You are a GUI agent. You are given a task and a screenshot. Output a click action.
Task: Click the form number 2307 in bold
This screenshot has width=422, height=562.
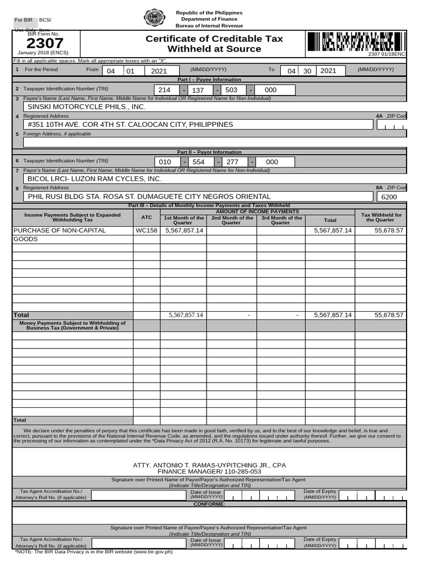(45, 43)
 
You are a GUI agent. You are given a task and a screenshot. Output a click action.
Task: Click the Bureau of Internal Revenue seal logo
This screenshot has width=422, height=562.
(154, 19)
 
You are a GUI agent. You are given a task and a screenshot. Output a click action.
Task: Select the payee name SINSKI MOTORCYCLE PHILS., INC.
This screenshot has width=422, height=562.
(86, 107)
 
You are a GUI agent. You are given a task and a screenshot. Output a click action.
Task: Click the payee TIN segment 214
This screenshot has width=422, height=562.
(164, 90)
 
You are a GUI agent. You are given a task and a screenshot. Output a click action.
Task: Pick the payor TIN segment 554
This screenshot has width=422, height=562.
(198, 162)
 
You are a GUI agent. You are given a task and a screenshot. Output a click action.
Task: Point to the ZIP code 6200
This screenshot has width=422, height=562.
(389, 197)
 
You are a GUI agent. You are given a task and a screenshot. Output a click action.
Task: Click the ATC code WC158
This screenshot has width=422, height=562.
(146, 231)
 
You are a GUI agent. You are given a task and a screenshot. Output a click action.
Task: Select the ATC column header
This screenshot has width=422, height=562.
(146, 217)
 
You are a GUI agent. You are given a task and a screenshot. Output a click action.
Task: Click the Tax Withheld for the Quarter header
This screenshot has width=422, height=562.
(381, 217)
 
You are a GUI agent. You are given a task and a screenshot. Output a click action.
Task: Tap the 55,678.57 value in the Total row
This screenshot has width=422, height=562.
(388, 315)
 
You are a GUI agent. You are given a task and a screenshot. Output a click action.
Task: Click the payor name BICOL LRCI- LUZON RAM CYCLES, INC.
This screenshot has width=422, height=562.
(95, 179)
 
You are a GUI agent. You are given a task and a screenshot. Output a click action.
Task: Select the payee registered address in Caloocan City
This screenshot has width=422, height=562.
(130, 125)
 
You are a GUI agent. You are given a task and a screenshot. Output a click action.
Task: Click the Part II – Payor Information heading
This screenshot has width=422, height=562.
(209, 152)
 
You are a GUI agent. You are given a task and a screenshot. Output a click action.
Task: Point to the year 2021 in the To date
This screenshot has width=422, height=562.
(328, 71)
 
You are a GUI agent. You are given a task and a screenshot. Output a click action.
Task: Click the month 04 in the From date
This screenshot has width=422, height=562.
(111, 71)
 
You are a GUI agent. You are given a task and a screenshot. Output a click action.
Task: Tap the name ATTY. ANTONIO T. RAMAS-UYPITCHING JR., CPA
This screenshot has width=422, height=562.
(209, 465)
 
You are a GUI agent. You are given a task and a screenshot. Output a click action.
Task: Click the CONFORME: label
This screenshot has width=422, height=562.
(209, 504)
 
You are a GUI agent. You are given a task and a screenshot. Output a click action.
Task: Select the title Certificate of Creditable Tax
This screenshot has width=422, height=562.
(214, 38)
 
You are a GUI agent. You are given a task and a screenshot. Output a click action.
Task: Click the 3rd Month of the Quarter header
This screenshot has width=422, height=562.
(281, 220)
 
